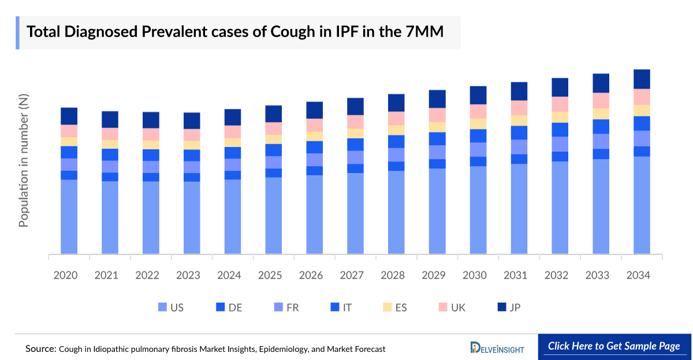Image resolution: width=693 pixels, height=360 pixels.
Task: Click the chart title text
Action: pyautogui.click(x=235, y=32)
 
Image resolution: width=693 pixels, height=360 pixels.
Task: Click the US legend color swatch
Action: pyautogui.click(x=162, y=307)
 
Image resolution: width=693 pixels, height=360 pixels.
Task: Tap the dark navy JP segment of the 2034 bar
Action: pyautogui.click(x=642, y=79)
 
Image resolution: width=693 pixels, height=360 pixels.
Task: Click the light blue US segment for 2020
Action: pyautogui.click(x=69, y=217)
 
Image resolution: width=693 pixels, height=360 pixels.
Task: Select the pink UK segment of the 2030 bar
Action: pyautogui.click(x=478, y=112)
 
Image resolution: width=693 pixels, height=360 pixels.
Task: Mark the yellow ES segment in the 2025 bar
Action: pyautogui.click(x=274, y=139)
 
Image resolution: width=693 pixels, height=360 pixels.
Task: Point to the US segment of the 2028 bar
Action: pyautogui.click(x=396, y=212)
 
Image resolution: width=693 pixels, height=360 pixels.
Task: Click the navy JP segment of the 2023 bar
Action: pyautogui.click(x=192, y=120)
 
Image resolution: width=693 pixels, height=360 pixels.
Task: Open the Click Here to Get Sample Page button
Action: pyautogui.click(x=614, y=347)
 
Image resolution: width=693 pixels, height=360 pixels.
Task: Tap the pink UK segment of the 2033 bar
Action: pyautogui.click(x=601, y=101)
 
